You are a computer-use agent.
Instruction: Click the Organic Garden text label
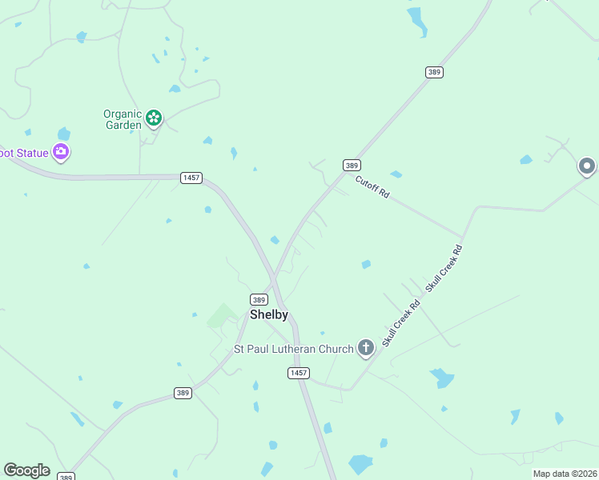click(123, 119)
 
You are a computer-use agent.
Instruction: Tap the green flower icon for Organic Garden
click(154, 119)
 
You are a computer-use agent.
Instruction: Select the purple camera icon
click(61, 151)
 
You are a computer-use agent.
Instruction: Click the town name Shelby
click(269, 315)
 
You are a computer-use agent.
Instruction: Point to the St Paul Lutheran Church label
click(293, 349)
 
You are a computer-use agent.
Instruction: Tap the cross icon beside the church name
click(366, 347)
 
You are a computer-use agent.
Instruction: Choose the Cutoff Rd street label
click(372, 187)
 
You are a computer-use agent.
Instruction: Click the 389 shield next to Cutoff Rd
click(352, 165)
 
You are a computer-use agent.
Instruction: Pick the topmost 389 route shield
click(434, 72)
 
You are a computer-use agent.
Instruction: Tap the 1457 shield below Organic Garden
click(191, 177)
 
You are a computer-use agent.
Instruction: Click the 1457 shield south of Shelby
click(299, 373)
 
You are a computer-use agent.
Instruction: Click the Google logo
click(26, 470)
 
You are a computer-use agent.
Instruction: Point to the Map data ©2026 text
click(565, 474)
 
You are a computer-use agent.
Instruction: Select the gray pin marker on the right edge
click(587, 166)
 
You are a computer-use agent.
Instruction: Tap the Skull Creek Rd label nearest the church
click(401, 323)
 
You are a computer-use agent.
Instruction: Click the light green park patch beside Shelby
click(222, 316)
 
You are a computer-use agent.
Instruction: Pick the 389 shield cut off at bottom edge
click(66, 477)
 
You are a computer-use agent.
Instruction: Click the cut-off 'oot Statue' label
click(22, 151)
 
